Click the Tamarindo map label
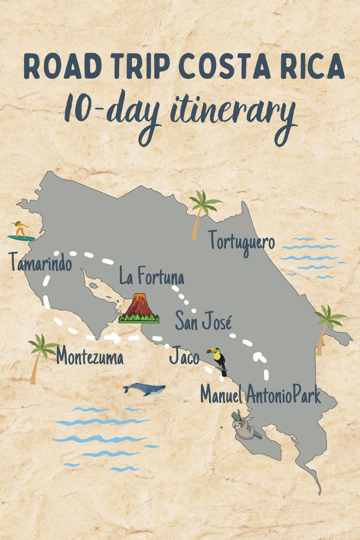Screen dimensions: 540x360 [40, 262]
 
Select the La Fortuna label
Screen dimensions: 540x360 [152, 276]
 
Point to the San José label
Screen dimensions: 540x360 [203, 321]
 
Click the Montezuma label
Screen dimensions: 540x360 [90, 357]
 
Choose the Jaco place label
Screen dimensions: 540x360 [184, 356]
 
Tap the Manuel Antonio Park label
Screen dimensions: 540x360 [260, 395]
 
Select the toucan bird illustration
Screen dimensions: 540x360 [218, 360]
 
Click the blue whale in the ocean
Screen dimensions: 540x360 [144, 389]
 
